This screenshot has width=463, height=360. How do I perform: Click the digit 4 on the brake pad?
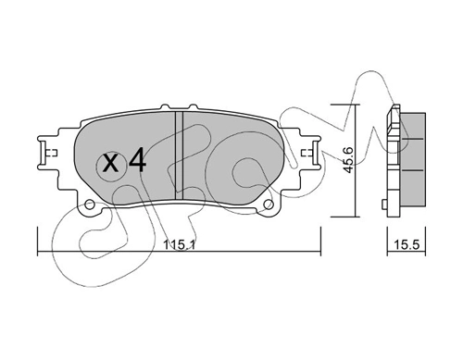[136, 164]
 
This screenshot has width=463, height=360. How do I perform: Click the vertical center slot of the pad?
[181, 153]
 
